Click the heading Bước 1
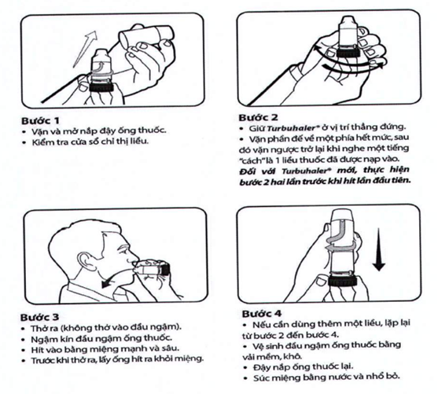[40, 120]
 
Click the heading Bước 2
[259, 118]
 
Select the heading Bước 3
[39, 317]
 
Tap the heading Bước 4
[261, 314]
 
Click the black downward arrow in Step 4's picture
[378, 249]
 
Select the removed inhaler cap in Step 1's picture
[146, 37]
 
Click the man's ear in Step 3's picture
[83, 262]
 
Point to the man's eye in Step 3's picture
[123, 248]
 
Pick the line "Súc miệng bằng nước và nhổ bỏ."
[322, 377]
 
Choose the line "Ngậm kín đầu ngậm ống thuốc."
[98, 339]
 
